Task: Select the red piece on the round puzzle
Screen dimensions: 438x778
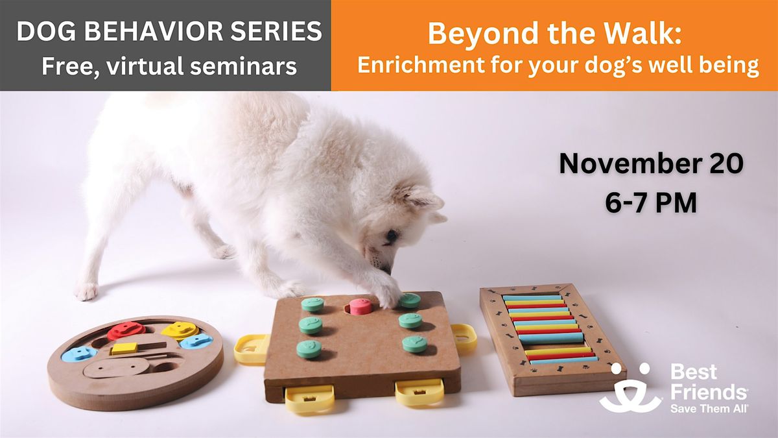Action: (126, 330)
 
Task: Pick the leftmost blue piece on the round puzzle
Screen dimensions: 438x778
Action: (78, 354)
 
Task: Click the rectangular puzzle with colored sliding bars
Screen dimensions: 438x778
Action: (551, 339)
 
